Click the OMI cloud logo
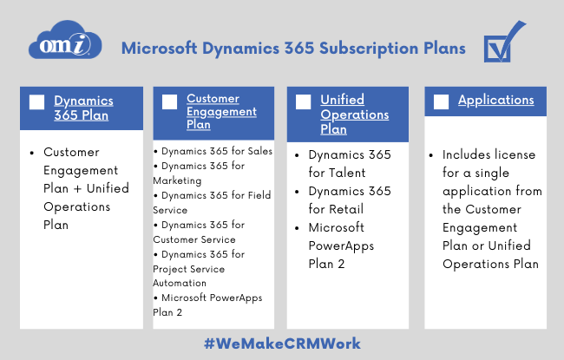(65, 40)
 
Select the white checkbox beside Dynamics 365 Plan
(36, 101)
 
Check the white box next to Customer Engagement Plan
(169, 101)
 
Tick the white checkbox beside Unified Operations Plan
(303, 101)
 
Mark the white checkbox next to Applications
(441, 101)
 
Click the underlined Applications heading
(496, 100)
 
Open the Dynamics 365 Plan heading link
(83, 108)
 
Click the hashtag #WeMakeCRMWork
(282, 344)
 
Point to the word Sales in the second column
(260, 151)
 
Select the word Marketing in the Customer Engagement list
(177, 180)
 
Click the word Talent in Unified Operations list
(347, 173)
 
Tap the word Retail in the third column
(346, 209)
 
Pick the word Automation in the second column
(180, 283)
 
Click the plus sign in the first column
(77, 189)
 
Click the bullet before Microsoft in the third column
(297, 228)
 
